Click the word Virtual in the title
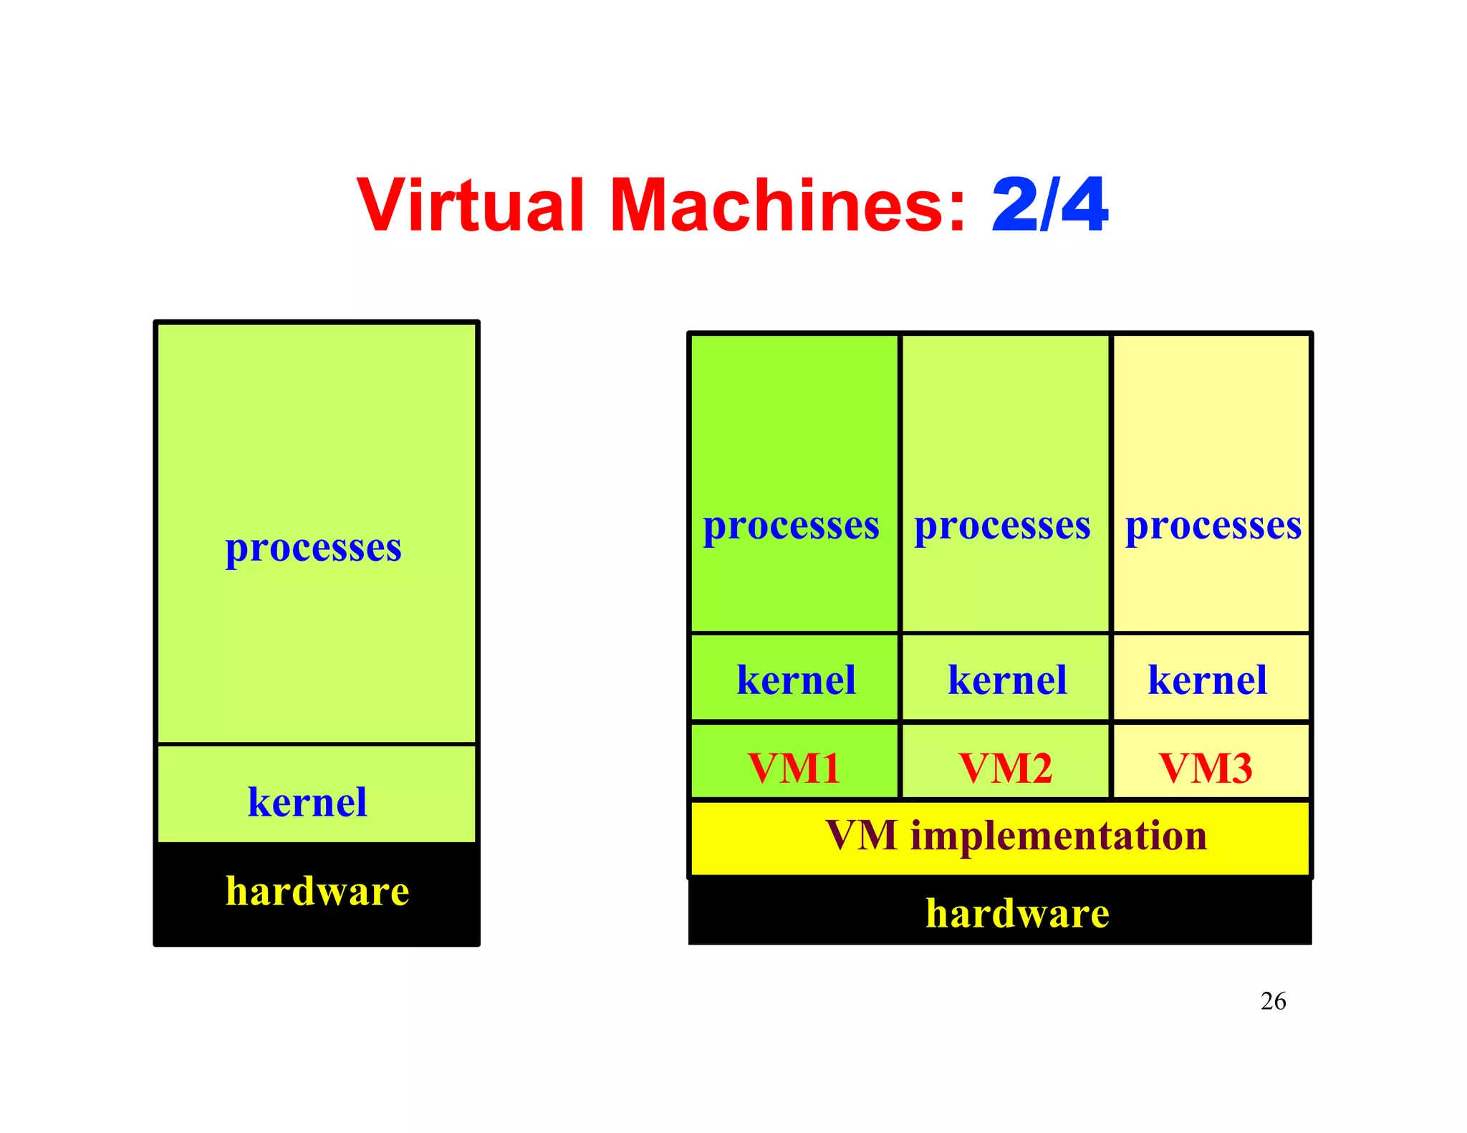point(471,206)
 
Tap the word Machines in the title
point(777,206)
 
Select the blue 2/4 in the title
point(1050,206)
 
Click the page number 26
point(1273,1001)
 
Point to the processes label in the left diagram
point(313,549)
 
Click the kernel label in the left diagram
point(307,802)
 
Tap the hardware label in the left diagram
point(317,892)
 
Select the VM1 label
point(794,768)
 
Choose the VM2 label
point(1006,768)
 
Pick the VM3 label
point(1206,768)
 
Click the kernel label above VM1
point(796,680)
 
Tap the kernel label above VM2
point(1007,680)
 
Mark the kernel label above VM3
point(1207,680)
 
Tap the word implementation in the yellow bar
point(1059,836)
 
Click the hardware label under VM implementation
point(1017,914)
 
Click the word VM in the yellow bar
point(861,836)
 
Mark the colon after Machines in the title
point(958,211)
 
